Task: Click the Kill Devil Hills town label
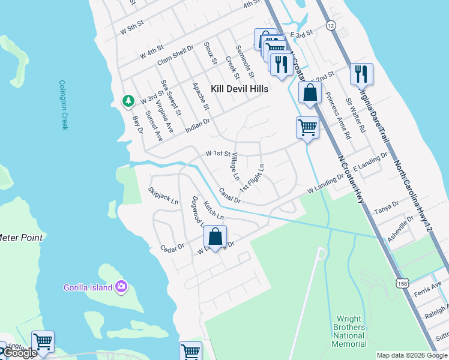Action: click(x=240, y=88)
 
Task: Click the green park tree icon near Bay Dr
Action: click(x=128, y=101)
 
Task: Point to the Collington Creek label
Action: click(x=64, y=105)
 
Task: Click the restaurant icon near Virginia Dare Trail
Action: click(x=361, y=74)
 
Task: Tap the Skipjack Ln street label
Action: click(x=163, y=196)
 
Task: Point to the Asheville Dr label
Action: click(x=401, y=228)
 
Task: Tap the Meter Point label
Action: click(x=21, y=238)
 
